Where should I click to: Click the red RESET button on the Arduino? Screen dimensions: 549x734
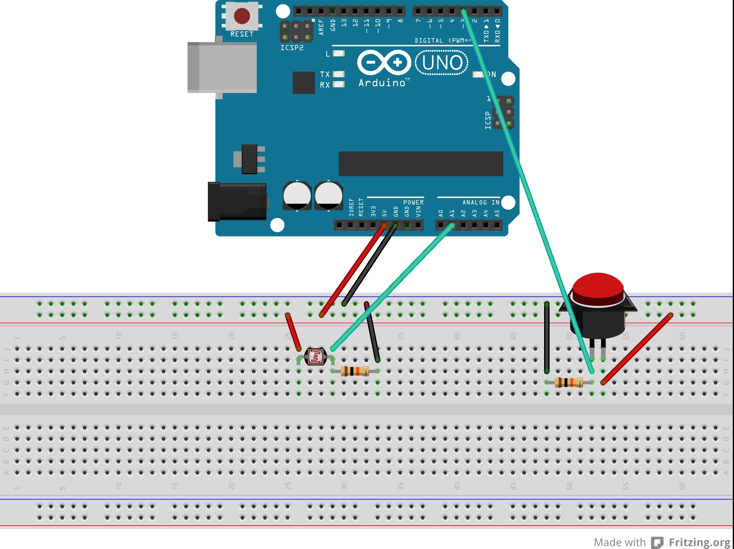(x=242, y=16)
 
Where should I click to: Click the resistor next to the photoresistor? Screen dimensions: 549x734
(x=355, y=371)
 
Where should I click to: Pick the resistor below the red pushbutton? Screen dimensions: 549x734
(x=569, y=382)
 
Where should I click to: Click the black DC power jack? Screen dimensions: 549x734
(x=237, y=201)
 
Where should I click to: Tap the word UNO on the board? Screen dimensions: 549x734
(x=442, y=63)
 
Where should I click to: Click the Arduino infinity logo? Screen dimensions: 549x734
(x=384, y=63)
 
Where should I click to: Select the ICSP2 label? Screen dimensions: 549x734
(x=292, y=48)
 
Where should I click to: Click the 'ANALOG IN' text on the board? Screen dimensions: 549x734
(x=481, y=202)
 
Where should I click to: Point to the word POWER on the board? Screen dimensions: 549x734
(x=413, y=202)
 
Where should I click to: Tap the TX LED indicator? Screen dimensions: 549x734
(x=338, y=74)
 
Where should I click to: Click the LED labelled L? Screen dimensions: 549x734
(x=338, y=53)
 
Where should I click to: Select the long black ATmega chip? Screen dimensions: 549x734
(x=421, y=164)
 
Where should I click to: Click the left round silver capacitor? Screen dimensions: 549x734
(x=297, y=196)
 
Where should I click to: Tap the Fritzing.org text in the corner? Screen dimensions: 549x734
(x=699, y=542)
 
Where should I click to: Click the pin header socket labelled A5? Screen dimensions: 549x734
(x=497, y=225)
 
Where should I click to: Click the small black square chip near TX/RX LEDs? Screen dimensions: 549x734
(x=304, y=82)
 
